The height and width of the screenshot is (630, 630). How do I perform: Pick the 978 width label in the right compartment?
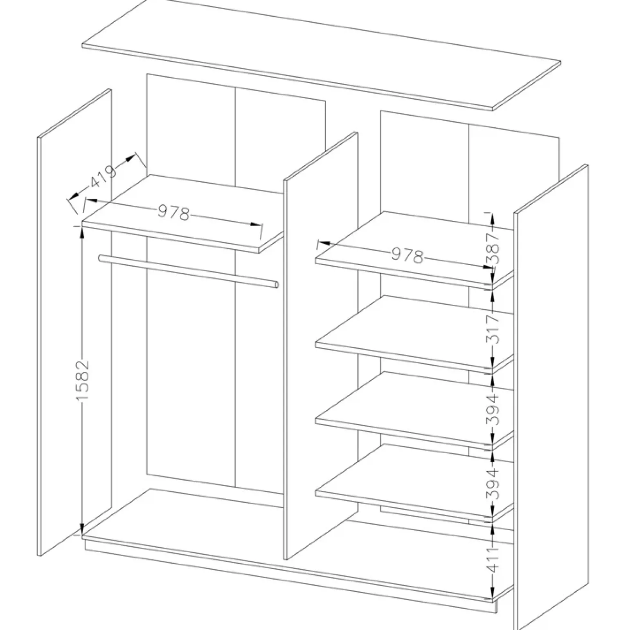tap(407, 256)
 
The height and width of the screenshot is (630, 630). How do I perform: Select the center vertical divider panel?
tap(321, 346)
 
